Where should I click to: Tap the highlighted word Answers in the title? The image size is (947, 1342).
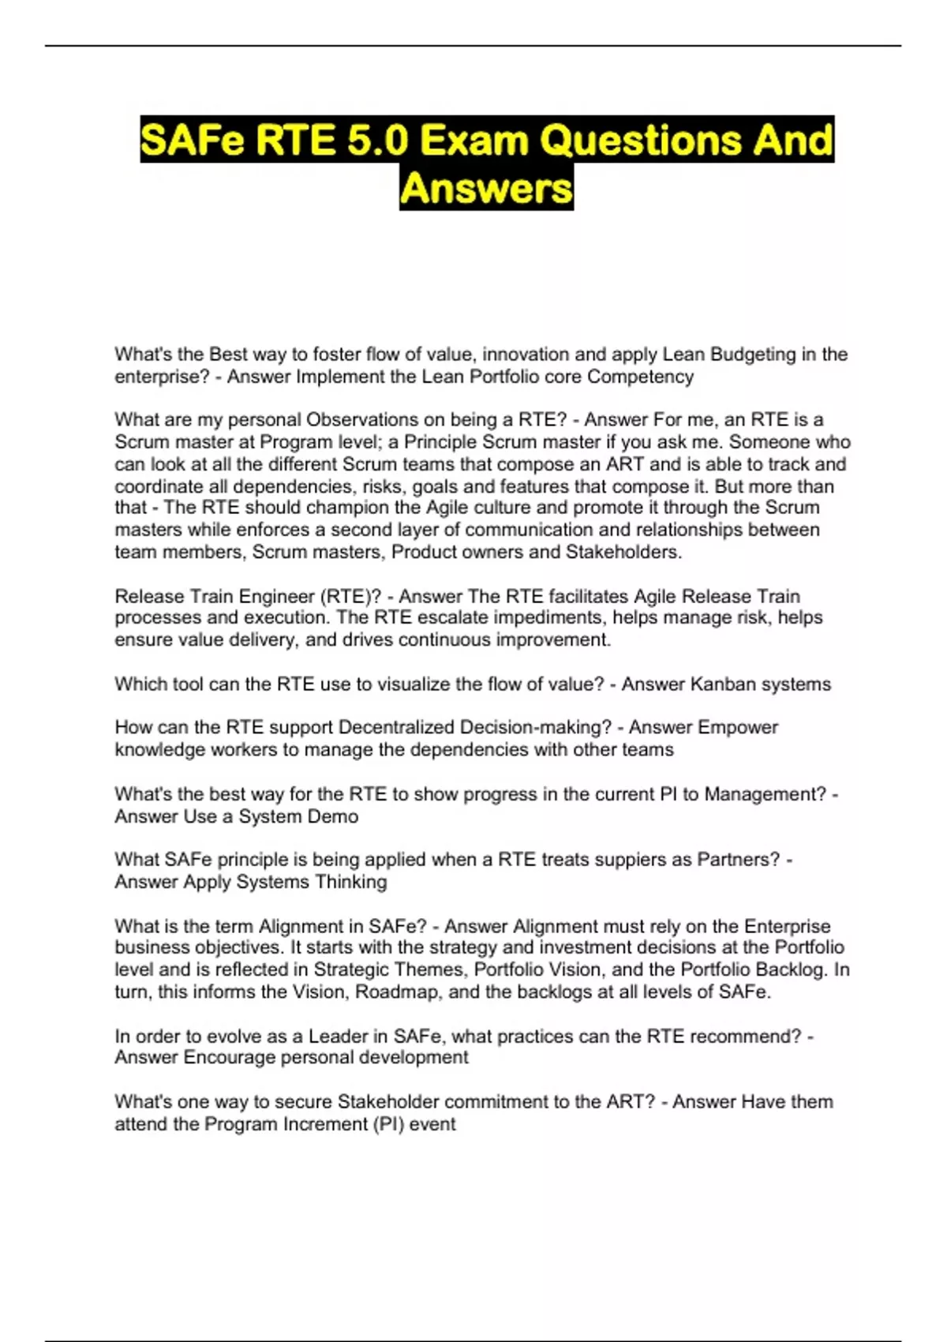click(486, 189)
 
